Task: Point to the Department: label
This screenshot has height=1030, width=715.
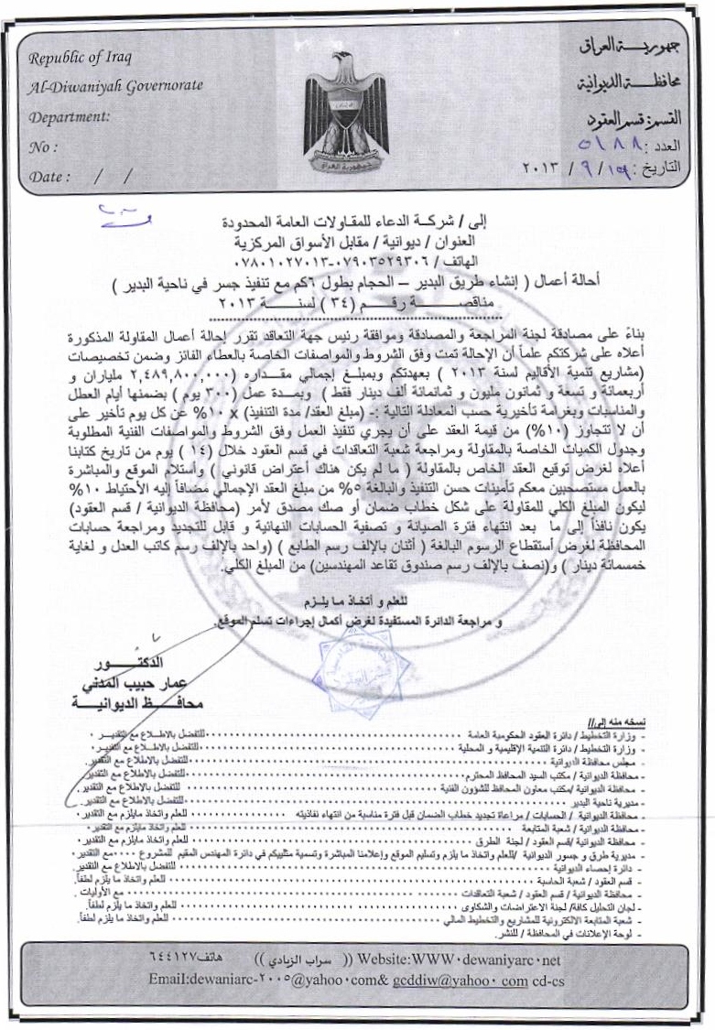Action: coord(70,116)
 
